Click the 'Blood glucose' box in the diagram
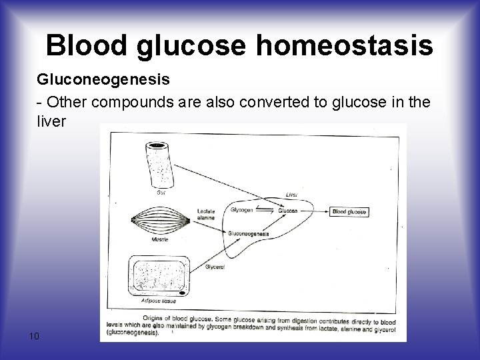point(349,211)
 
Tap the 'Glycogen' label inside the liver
point(241,209)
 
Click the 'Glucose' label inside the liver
point(287,210)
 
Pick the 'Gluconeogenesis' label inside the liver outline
point(248,234)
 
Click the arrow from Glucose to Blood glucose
point(313,211)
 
